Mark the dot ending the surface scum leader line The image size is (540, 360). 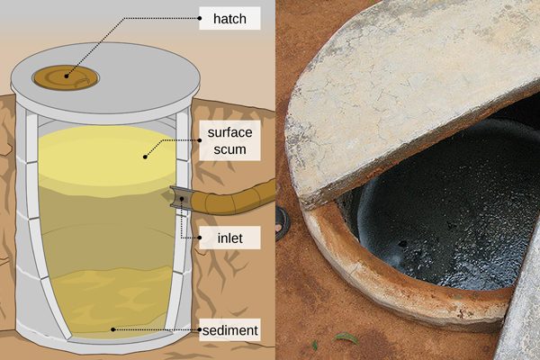point(144,157)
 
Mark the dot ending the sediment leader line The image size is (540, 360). point(112,330)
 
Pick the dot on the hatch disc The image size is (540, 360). point(66,79)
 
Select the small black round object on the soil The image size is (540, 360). point(282,217)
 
